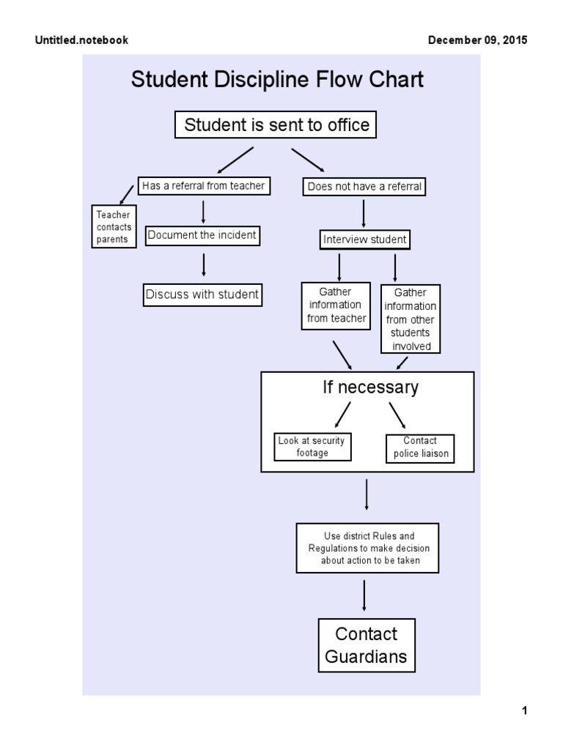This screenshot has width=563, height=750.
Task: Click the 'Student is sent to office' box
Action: point(276,125)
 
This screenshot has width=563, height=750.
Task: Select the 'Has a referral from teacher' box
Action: point(203,186)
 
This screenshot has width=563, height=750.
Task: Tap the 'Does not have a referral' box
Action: point(364,187)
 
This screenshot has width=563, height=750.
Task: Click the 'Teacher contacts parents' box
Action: point(113,227)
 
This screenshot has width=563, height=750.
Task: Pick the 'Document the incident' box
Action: point(202,235)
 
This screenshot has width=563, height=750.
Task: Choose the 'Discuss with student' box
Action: point(202,294)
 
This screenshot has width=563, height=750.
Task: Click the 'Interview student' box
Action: point(364,240)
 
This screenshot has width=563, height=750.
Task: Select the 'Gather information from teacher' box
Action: point(336,305)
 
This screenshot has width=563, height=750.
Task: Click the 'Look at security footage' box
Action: point(312,447)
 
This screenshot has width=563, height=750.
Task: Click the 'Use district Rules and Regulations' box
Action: point(367,549)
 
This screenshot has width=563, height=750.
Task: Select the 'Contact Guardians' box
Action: point(366,645)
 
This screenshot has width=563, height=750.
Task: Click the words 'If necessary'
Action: point(370,387)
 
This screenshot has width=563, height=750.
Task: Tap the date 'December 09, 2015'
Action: point(477,40)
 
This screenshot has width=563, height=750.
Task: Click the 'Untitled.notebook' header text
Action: point(81,40)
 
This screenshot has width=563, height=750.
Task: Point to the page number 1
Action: point(524,710)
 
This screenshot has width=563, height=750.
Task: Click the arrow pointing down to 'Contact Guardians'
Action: point(365,595)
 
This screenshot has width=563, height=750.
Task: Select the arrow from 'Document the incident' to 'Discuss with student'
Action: point(203,265)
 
